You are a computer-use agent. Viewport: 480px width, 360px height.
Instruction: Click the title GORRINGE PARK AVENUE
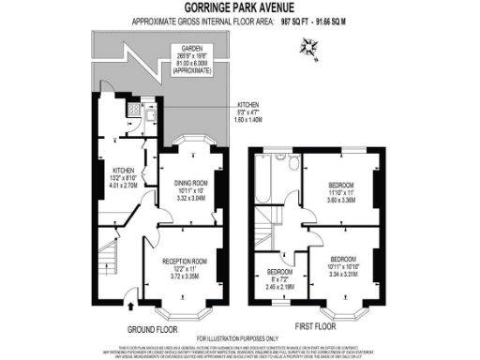[240, 8]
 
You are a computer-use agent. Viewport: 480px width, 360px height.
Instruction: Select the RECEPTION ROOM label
[184, 265]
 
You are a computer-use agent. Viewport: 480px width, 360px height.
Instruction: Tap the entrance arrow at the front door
[129, 305]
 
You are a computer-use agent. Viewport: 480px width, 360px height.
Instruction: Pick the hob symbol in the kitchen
[132, 109]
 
